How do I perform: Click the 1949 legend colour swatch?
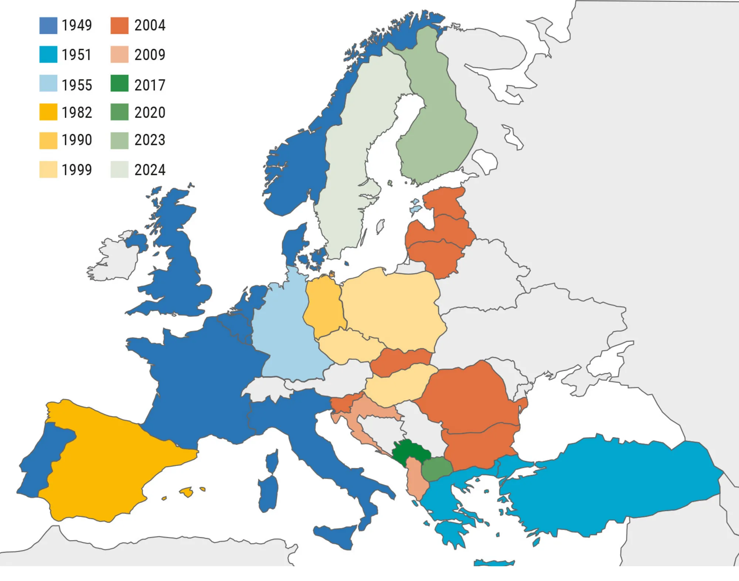coord(48,26)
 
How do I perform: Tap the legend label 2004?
coord(150,26)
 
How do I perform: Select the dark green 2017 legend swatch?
coord(119,83)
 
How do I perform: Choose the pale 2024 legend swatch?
coord(119,170)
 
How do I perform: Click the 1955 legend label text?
coord(76,85)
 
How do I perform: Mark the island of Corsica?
coord(272,462)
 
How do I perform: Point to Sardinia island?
coord(269,494)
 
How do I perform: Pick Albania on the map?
coord(416,481)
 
